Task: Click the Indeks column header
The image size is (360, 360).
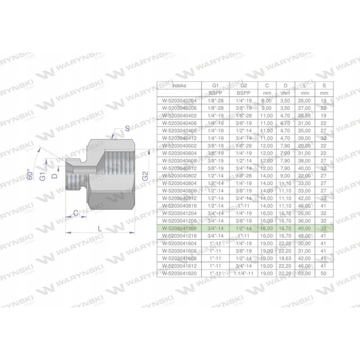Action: (x=179, y=84)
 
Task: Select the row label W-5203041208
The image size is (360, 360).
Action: (x=179, y=229)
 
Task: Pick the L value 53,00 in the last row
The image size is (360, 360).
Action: (x=304, y=273)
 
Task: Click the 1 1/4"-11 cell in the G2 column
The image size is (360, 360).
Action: (x=243, y=273)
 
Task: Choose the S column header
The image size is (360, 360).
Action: (x=322, y=84)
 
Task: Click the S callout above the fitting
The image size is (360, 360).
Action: (x=127, y=128)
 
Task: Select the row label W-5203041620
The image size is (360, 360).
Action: (x=179, y=273)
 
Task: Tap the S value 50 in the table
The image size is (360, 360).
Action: (x=322, y=273)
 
